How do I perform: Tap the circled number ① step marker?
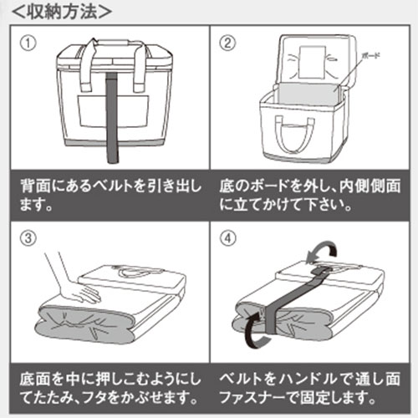pos(28,43)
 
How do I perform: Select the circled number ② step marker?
pos(227,43)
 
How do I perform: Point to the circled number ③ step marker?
pos(28,238)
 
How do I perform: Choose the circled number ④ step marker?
pos(228,238)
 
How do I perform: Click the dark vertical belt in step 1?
pos(112,117)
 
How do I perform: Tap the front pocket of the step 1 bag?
pos(113,111)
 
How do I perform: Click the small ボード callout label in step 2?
pos(370,56)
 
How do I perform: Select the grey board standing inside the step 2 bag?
pos(308,94)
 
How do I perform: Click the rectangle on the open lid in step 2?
pos(312,63)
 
